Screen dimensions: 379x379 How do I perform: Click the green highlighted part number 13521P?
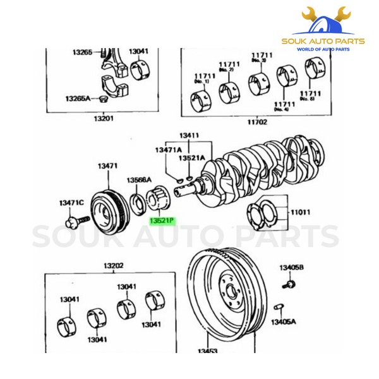pyautogui.click(x=161, y=222)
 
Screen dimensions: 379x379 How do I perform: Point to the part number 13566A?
pyautogui.click(x=140, y=179)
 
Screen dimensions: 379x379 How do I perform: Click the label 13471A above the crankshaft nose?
pyautogui.click(x=169, y=150)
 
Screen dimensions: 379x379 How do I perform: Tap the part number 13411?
pyautogui.click(x=188, y=135)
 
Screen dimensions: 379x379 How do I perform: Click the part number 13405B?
pyautogui.click(x=292, y=268)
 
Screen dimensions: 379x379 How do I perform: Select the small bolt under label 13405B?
pyautogui.click(x=290, y=286)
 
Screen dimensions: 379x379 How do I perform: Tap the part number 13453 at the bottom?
pyautogui.click(x=207, y=351)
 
